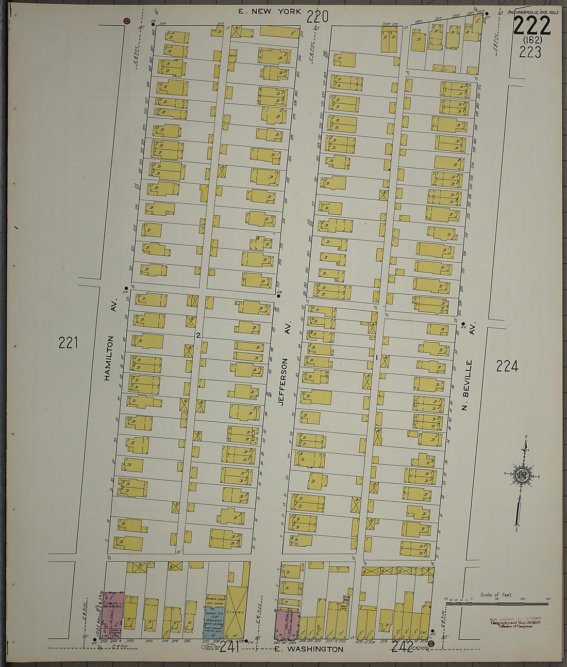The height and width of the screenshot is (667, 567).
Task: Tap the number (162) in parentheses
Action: click(531, 40)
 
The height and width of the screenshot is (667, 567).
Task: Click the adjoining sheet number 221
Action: click(68, 342)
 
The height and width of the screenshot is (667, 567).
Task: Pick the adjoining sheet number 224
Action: click(507, 367)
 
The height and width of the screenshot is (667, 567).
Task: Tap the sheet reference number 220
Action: click(317, 18)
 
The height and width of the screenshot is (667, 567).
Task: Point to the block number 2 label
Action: click(198, 336)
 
